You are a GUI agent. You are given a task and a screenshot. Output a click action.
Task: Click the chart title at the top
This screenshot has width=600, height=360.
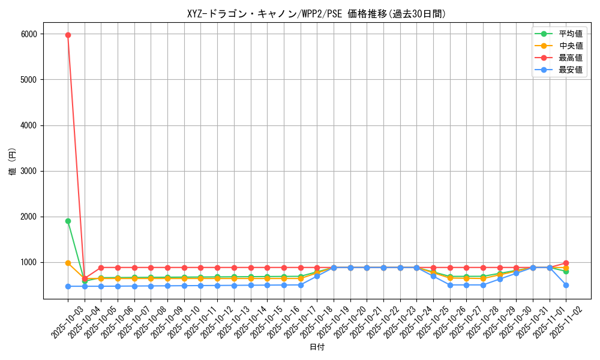316,14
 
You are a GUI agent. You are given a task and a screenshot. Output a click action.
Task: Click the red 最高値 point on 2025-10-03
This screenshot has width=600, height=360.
68,35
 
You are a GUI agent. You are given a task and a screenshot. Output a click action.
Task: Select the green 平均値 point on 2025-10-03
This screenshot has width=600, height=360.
68,221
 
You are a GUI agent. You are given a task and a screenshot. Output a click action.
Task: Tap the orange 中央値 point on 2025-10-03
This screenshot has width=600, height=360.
68,263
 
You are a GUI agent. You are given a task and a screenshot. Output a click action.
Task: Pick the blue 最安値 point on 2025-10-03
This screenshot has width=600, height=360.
68,286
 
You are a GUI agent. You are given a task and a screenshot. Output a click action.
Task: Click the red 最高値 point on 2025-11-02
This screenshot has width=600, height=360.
566,263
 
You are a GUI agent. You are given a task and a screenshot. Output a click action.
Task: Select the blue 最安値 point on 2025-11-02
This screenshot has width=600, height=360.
566,285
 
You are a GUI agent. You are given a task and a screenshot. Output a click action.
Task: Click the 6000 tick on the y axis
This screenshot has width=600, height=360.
29,34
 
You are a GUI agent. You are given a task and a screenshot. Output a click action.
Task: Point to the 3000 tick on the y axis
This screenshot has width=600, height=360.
29,171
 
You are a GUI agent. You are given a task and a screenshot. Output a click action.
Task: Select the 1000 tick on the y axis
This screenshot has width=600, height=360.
29,262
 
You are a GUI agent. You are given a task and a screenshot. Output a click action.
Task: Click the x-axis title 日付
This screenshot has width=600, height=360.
316,347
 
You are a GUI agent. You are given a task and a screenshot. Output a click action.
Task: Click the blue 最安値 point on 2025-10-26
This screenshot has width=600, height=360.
450,285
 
